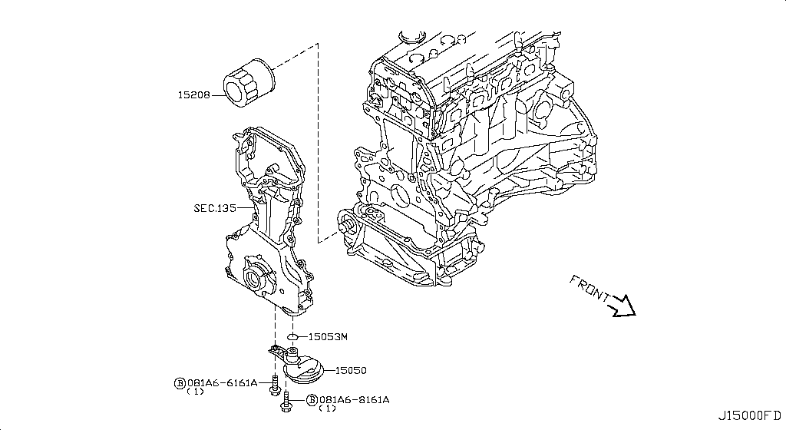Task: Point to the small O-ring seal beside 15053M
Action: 292,336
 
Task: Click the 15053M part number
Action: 328,336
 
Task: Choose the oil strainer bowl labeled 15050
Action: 305,370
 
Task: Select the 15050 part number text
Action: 351,370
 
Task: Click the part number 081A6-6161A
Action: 222,382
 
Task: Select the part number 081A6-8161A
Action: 354,400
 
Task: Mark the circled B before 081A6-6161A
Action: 180,382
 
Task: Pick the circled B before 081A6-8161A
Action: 312,400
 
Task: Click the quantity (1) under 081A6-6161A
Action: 195,392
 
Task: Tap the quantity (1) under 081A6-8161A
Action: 327,409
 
